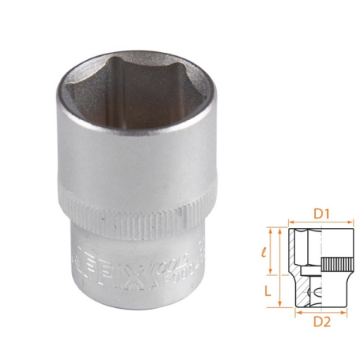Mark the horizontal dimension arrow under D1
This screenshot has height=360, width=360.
coord(319,225)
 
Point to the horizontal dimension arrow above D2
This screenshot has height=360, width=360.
coord(319,311)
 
